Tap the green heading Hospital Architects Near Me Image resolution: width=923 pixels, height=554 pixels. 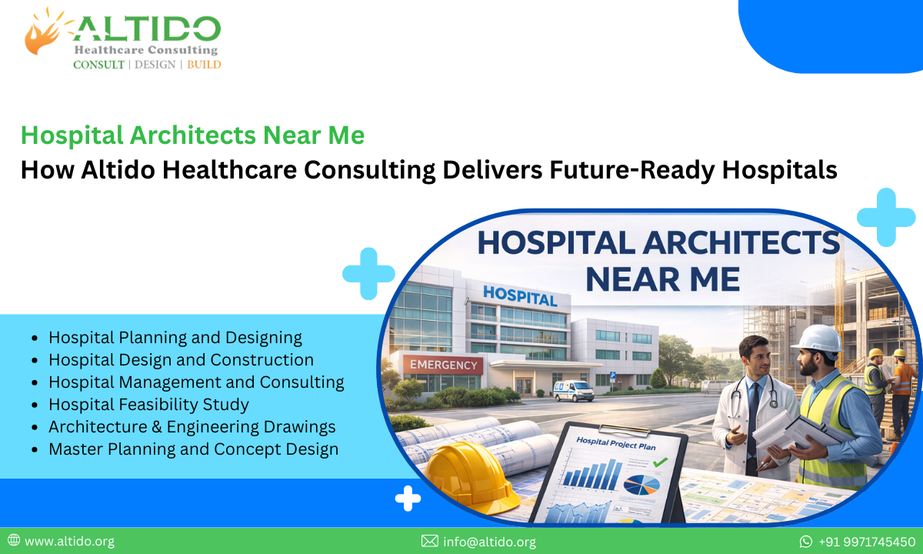192,135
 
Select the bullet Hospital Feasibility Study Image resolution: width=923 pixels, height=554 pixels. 148,404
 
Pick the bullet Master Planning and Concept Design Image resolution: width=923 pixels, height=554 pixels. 193,449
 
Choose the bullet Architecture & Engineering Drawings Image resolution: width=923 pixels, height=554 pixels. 192,426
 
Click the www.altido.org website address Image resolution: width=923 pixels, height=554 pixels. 69,542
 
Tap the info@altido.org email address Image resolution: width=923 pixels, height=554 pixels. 489,542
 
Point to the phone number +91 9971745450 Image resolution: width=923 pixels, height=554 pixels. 866,542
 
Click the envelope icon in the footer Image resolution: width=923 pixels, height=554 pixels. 429,542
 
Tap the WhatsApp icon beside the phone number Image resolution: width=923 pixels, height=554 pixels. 805,542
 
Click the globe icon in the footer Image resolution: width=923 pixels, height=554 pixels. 13,541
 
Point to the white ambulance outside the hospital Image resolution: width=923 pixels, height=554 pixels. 574,390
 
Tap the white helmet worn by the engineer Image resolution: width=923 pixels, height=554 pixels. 817,339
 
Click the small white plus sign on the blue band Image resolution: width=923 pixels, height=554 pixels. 408,499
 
